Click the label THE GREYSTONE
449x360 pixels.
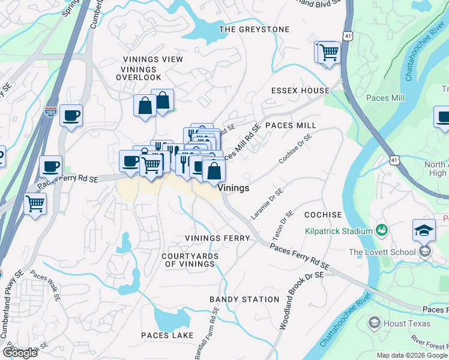254,29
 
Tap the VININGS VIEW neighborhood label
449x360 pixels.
152,59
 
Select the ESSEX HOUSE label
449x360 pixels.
300,91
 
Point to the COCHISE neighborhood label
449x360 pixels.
323,215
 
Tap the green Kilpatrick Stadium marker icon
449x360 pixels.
381,230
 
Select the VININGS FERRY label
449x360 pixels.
217,238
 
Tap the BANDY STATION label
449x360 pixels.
244,299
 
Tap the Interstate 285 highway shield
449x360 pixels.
51,112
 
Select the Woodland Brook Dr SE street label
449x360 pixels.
301,300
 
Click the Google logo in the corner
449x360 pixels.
20,353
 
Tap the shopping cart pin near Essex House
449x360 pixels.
328,52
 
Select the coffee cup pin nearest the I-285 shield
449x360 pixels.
71,116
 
